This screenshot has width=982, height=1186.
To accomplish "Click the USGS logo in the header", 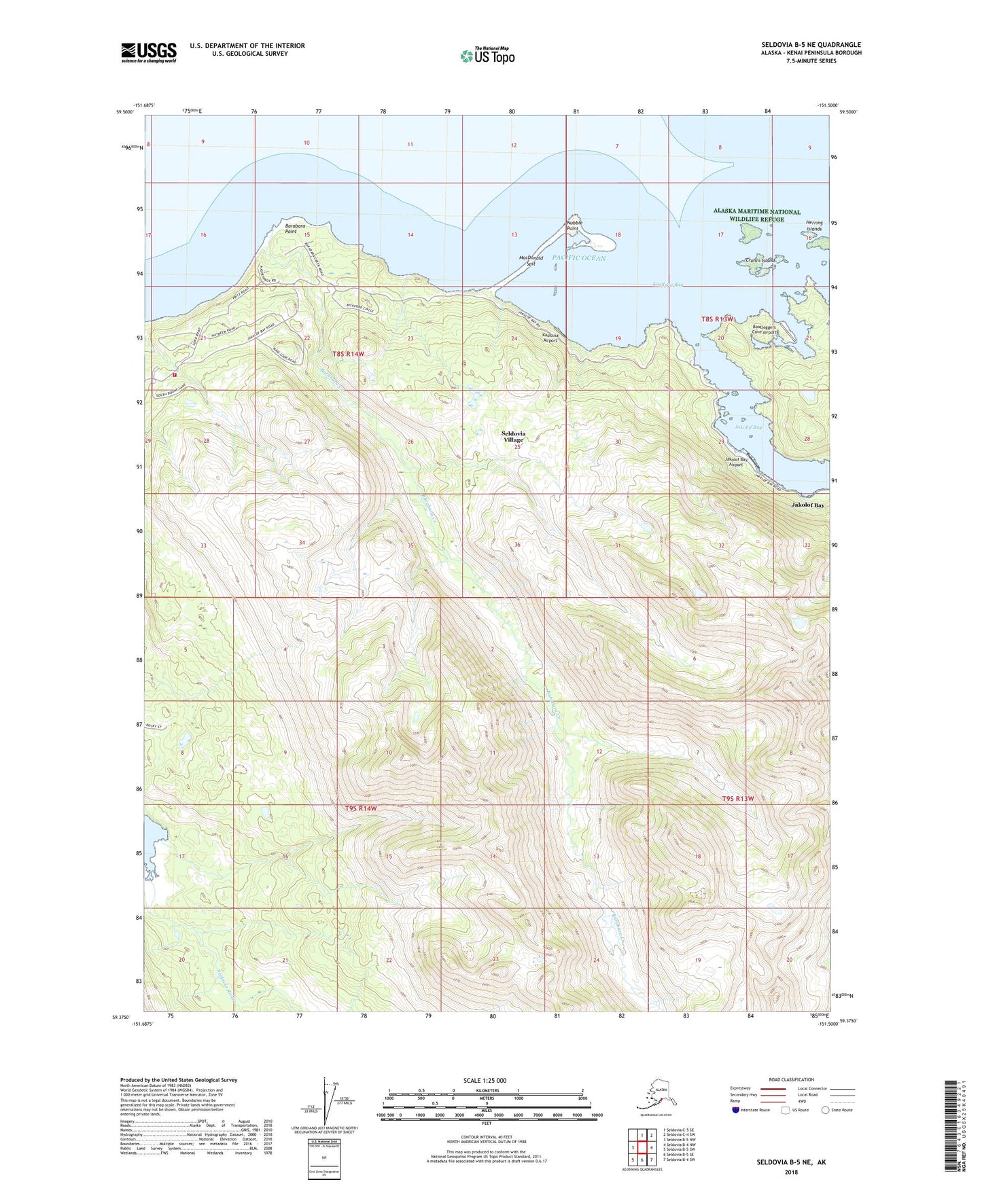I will [x=148, y=52].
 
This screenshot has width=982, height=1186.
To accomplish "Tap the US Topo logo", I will [x=487, y=56].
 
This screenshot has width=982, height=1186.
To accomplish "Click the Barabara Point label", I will [x=291, y=228].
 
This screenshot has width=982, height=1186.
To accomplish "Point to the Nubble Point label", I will [x=572, y=225].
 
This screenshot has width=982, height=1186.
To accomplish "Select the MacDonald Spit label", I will [x=531, y=261].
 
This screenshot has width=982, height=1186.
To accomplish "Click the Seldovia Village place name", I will [x=513, y=436].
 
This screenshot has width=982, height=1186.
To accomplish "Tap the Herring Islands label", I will [x=813, y=226].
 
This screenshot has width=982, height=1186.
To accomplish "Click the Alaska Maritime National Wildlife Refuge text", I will [x=756, y=215].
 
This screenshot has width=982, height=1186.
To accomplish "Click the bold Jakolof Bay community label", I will [x=807, y=505].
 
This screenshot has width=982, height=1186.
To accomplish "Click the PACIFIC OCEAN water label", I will [x=578, y=258].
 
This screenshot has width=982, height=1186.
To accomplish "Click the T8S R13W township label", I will [x=718, y=319].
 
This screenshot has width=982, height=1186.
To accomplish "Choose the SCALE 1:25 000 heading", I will [x=485, y=1080].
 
